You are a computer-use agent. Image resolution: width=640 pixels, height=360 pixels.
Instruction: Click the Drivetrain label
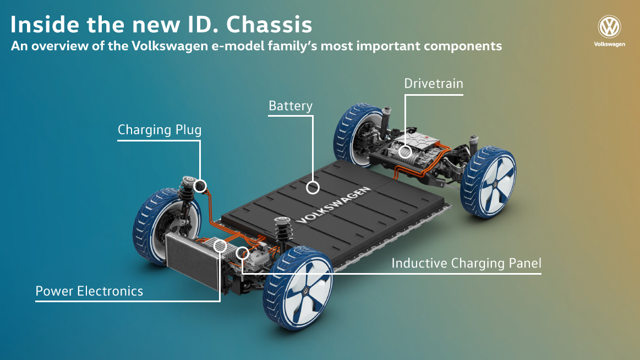click(434, 84)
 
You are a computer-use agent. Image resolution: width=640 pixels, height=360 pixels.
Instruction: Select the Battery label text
click(291, 106)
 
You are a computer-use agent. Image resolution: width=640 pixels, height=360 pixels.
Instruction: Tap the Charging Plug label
click(160, 130)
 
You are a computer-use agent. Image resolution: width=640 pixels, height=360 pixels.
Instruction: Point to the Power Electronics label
click(89, 291)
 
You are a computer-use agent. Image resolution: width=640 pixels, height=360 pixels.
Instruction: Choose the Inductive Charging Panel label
click(466, 264)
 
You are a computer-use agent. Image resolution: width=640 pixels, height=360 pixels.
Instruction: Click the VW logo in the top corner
click(609, 27)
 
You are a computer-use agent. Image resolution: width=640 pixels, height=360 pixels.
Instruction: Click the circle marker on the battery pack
click(313, 188)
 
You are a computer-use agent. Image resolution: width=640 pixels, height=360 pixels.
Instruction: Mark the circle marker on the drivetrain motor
click(406, 151)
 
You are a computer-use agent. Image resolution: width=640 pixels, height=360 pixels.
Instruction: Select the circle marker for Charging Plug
click(200, 186)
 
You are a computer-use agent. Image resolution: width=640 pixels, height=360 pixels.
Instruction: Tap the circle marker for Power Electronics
click(220, 246)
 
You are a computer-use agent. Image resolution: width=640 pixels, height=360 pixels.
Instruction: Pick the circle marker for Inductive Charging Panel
click(242, 253)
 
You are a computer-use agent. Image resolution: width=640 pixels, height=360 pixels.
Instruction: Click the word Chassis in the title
click(269, 25)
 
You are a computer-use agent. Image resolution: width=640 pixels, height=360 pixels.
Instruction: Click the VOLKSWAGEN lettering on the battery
click(333, 204)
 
